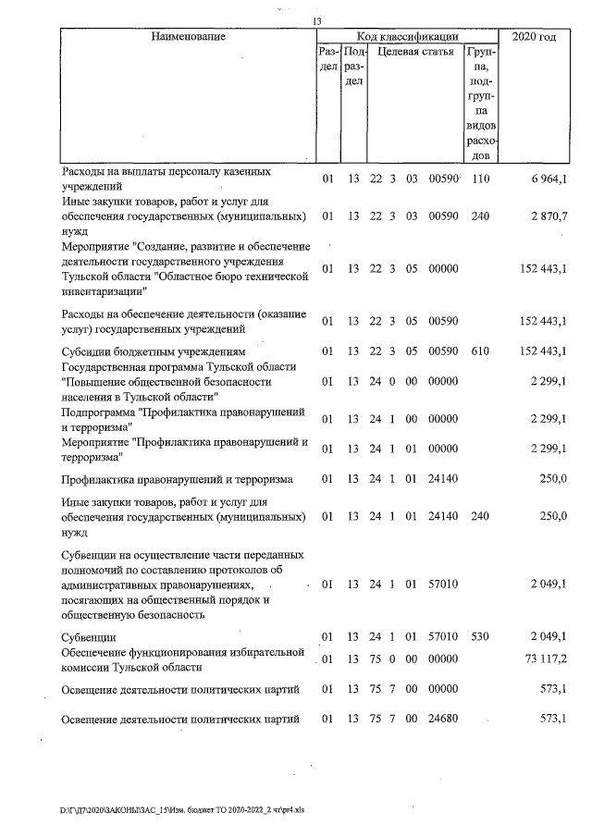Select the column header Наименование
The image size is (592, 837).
tap(181, 37)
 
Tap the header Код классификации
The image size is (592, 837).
tap(401, 37)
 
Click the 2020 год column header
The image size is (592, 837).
tap(534, 37)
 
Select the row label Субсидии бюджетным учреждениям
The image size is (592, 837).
tap(154, 351)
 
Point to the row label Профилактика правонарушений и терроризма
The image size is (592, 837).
tap(177, 479)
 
